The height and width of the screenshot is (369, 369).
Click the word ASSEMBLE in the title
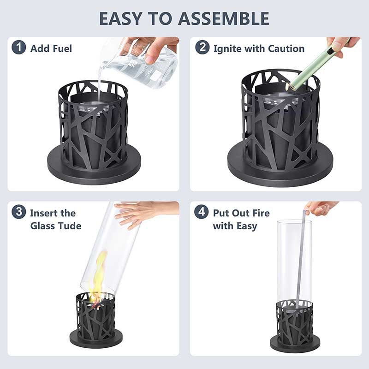[x=224, y=18]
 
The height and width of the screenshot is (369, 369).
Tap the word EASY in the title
[x=121, y=18]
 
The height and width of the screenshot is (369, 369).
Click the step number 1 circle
[x=18, y=48]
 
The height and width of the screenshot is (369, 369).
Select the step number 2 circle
[x=202, y=48]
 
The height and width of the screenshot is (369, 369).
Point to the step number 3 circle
[x=18, y=212]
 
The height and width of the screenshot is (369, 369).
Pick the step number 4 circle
[x=202, y=212]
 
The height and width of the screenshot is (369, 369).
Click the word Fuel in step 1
[x=62, y=48]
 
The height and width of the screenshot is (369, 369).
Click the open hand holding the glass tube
[x=146, y=213]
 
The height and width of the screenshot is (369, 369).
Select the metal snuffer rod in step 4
[x=301, y=259]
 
